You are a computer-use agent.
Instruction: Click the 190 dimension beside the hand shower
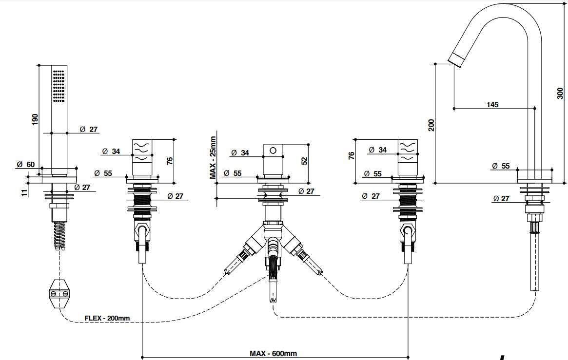click(35, 120)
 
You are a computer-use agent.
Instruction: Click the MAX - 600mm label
click(274, 353)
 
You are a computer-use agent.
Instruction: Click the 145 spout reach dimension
click(492, 104)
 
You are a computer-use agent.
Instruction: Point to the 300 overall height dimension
click(560, 93)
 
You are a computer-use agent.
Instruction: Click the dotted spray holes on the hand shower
click(59, 86)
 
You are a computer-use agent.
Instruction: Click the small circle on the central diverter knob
click(273, 150)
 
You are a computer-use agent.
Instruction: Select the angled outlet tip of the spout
click(455, 60)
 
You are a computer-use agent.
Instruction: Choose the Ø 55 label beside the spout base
click(501, 166)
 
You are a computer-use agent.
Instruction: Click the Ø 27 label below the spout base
click(501, 198)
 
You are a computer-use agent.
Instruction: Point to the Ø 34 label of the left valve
click(112, 152)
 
